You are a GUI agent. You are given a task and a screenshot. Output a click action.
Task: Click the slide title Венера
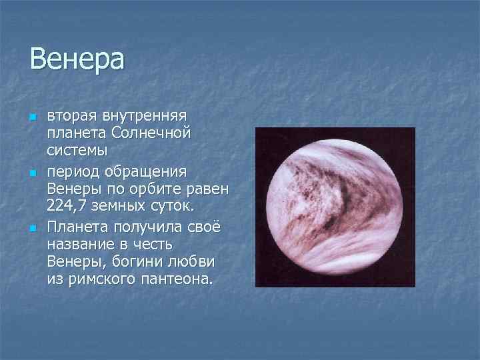click(77, 59)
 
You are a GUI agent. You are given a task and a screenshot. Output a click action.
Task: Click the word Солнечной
click(151, 133)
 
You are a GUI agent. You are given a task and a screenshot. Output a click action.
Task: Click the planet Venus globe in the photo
click(335, 207)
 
